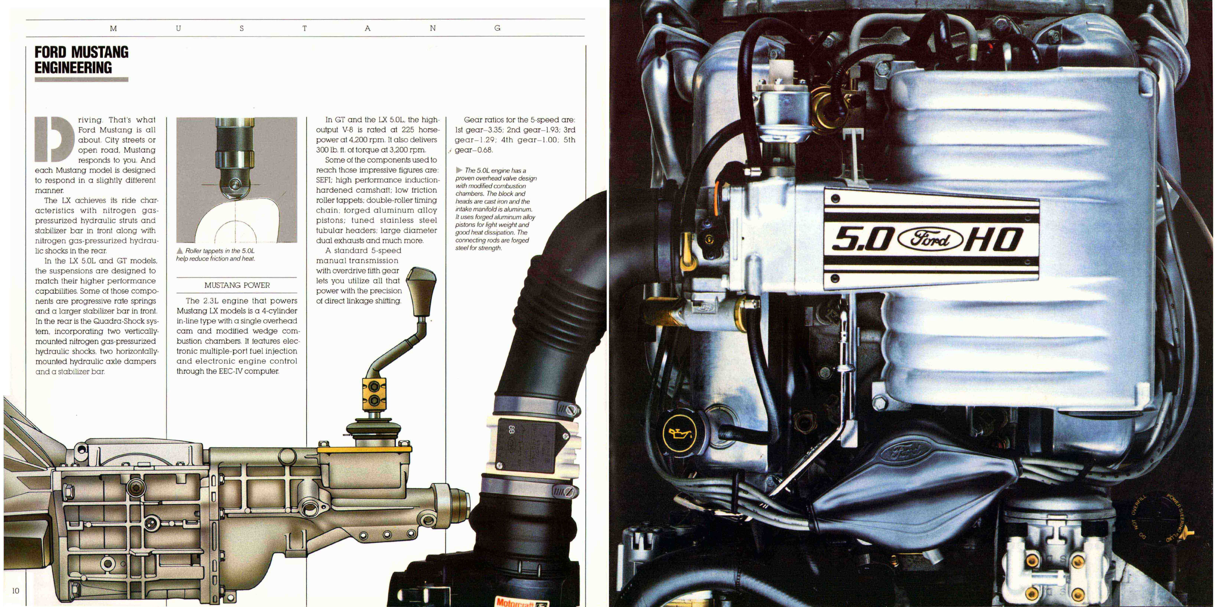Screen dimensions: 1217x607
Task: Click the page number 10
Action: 16,590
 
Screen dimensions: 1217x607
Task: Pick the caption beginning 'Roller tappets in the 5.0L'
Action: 216,255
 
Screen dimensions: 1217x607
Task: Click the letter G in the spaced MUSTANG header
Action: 497,28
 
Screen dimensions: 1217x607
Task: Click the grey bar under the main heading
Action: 81,79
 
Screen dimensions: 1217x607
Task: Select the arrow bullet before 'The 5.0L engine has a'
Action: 459,170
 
